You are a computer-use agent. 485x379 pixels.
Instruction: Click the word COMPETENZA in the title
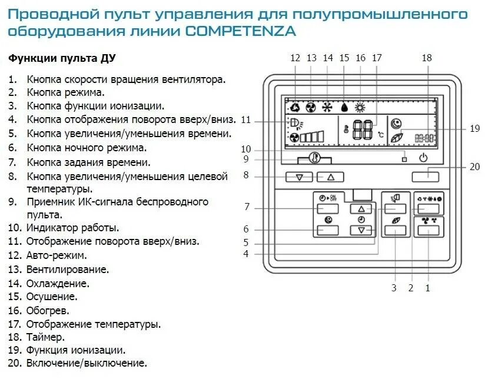point(240,31)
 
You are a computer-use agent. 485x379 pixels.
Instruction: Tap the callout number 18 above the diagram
point(427,58)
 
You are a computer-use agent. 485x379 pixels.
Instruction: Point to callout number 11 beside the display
point(246,119)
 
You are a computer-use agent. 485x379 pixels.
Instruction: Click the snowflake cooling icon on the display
point(327,108)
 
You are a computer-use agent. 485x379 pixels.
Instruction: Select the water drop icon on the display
point(344,108)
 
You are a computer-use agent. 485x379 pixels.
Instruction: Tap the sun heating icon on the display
point(360,108)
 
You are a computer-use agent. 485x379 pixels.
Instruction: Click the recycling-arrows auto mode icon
point(295,108)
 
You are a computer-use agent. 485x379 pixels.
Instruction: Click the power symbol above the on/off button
point(423,157)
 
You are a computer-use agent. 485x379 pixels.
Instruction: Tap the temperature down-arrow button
point(300,177)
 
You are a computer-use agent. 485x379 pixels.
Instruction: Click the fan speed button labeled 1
point(428,230)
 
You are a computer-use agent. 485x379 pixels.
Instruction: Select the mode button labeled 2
point(428,208)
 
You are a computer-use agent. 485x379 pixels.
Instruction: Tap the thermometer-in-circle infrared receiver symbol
point(314,158)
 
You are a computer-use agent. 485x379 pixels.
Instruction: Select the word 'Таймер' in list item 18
point(45,337)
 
